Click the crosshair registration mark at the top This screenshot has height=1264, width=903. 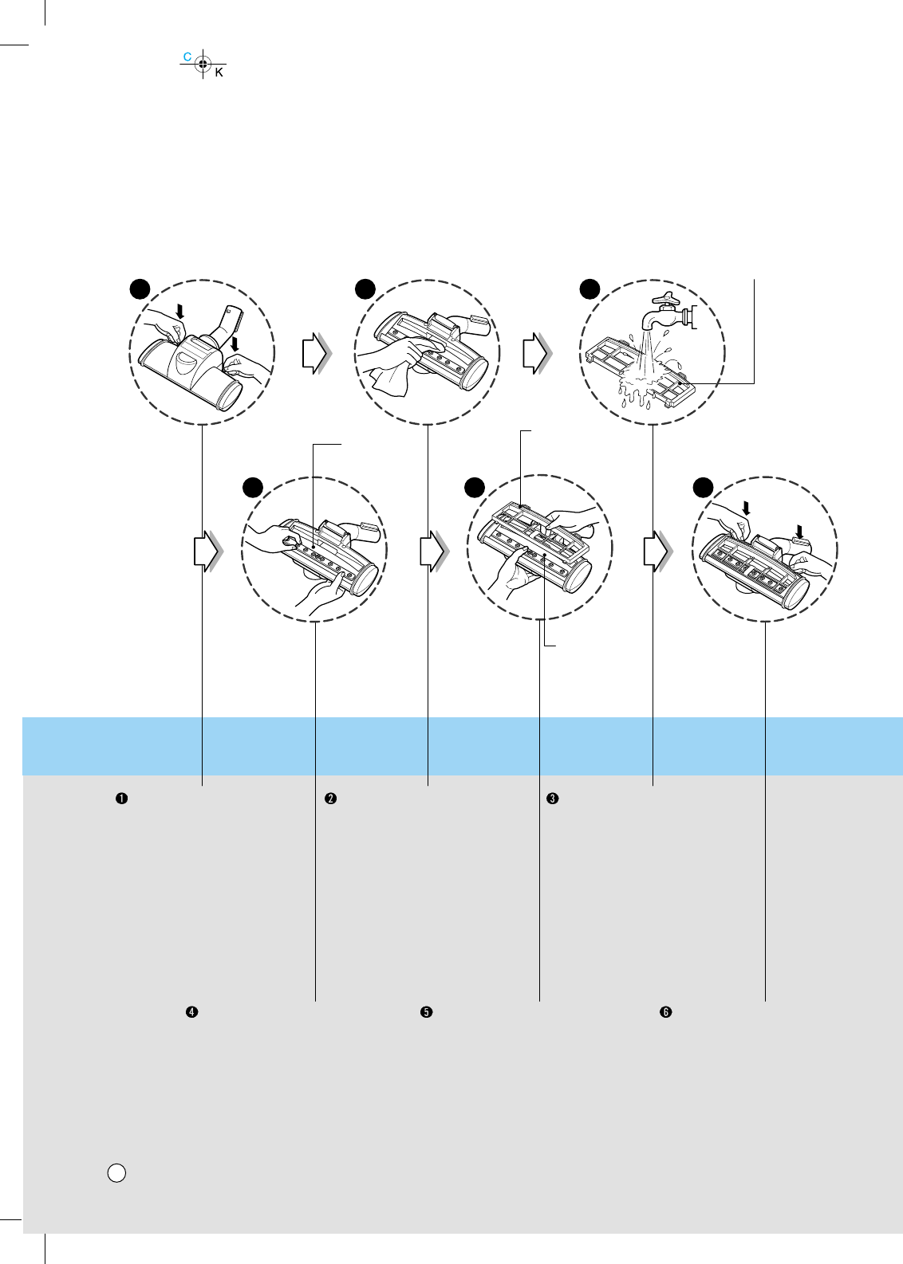coord(203,65)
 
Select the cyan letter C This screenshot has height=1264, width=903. coord(187,57)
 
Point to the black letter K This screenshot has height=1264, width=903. coord(219,73)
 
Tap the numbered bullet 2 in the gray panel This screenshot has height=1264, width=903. coord(329,799)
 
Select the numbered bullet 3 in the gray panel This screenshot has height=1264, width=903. coord(551,799)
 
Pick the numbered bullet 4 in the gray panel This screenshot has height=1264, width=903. coord(191,1012)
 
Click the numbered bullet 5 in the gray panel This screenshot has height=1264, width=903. coord(427,1012)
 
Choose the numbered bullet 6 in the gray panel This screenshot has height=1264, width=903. coord(665,1012)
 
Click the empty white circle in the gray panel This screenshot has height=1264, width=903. coord(116,1172)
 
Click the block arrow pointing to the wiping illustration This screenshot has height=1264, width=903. coord(315,354)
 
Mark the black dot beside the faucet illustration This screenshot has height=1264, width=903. coord(590,288)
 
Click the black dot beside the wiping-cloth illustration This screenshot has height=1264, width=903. coord(365,288)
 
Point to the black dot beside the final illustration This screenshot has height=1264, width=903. coord(702,486)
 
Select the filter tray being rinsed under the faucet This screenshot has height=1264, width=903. coord(638,371)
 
